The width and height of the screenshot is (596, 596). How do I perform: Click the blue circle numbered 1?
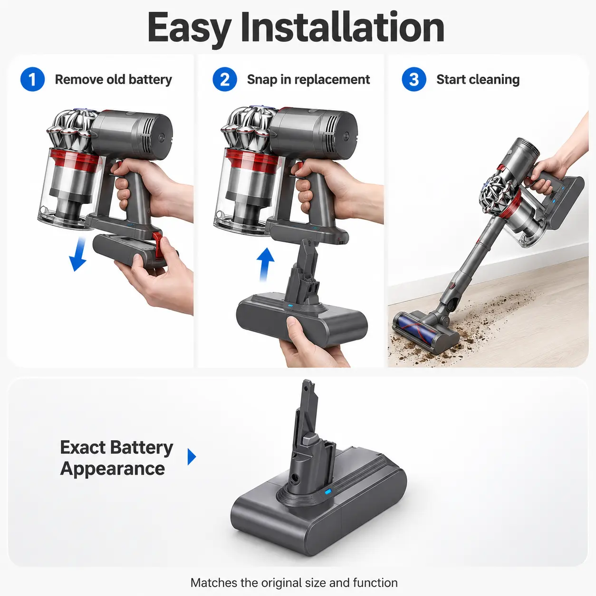pos(32,79)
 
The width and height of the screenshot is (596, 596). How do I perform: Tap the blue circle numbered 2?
pos(225,79)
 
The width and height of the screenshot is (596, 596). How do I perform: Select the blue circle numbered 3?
pos(414,79)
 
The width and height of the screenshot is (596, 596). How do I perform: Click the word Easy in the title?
pos(189,29)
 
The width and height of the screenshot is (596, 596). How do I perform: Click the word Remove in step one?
pos(78,79)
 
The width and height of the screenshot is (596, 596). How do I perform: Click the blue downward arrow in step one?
pos(78,254)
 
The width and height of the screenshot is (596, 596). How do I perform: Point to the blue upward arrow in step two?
pos(265,264)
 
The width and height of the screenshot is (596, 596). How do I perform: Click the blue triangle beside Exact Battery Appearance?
pos(192,457)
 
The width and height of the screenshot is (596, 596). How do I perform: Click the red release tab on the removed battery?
pos(158,245)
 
